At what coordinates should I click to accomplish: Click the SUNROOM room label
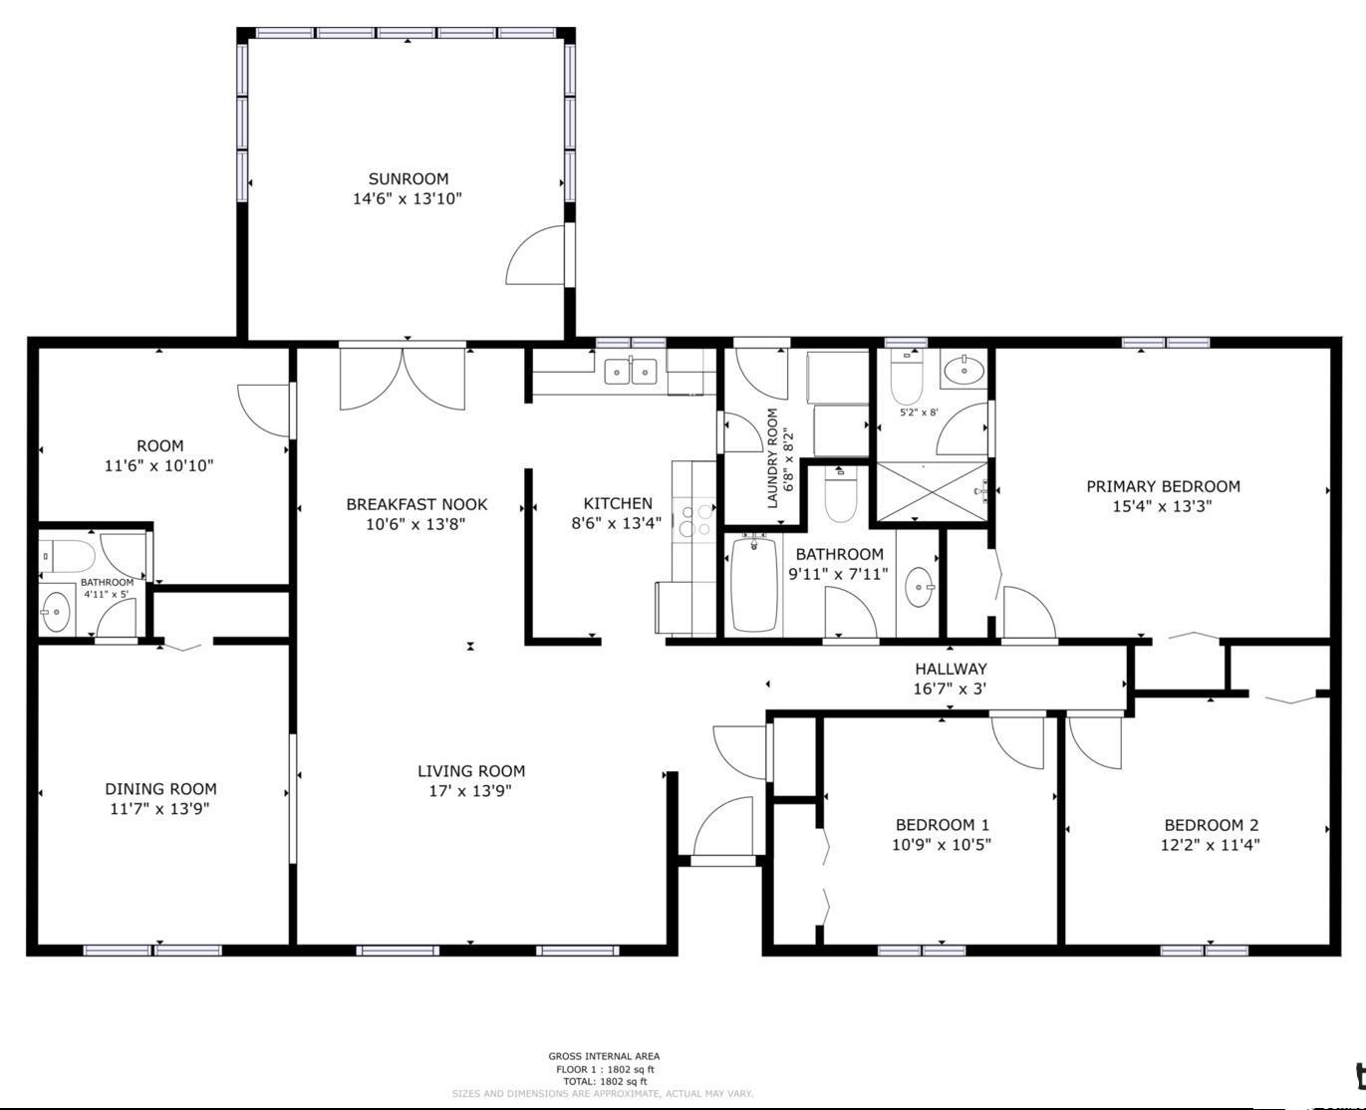click(408, 178)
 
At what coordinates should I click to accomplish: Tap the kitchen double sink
click(631, 371)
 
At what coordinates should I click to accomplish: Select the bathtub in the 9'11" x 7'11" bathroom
click(753, 584)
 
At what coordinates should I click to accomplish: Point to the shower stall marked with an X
click(932, 492)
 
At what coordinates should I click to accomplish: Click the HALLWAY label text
click(951, 669)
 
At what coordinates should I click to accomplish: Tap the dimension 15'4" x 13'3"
click(1162, 506)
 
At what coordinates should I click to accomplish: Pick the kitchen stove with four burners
click(694, 519)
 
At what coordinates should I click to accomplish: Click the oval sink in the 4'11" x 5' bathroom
click(56, 611)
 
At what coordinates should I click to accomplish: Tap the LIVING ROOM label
click(471, 771)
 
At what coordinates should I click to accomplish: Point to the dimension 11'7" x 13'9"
click(159, 809)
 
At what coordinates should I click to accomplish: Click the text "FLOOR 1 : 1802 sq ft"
click(605, 1069)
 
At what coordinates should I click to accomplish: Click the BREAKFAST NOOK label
click(416, 504)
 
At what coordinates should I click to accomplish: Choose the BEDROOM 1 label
click(943, 825)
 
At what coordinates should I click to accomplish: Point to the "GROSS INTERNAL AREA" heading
click(604, 1056)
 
